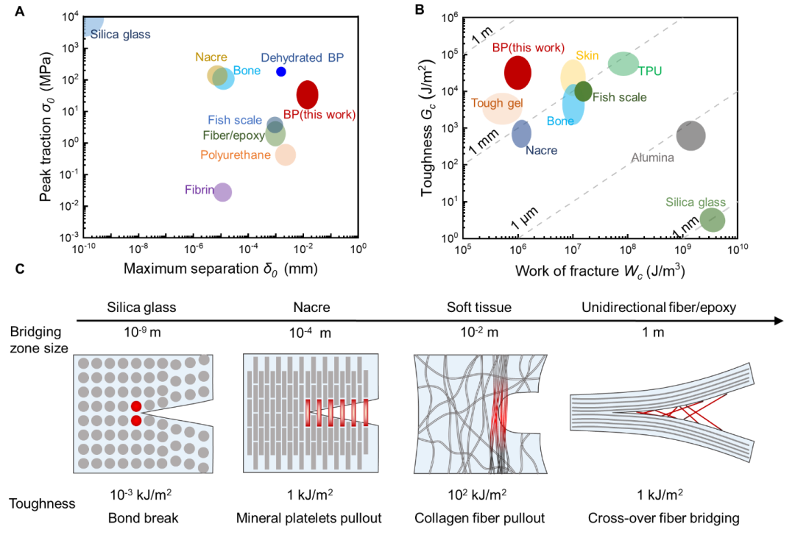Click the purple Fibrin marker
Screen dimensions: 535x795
(222, 192)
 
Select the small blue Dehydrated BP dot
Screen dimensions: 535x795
(280, 72)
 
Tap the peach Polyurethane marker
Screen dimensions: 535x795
(286, 155)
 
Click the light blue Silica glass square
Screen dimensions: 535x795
(93, 26)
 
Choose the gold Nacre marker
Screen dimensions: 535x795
(215, 74)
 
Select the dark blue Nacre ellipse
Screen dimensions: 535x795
(521, 133)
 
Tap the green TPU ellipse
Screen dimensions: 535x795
(623, 64)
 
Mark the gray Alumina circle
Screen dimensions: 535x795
(690, 135)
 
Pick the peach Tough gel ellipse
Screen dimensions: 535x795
(502, 108)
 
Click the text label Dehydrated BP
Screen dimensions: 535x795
(302, 57)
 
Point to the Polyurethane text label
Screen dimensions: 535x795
(236, 155)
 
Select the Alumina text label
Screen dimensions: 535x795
(652, 157)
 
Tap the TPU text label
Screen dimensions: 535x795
(650, 71)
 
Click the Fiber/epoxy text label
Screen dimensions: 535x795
(233, 135)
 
